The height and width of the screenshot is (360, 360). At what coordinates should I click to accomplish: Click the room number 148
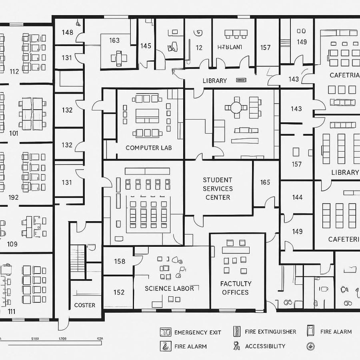(68, 32)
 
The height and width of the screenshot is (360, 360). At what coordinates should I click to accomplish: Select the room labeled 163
(114, 40)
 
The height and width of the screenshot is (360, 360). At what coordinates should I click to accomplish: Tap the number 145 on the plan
(146, 46)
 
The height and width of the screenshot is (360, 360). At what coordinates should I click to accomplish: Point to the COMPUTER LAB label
(149, 148)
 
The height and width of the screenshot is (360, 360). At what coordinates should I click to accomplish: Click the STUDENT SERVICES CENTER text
(218, 188)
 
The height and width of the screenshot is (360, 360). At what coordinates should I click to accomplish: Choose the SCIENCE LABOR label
(169, 288)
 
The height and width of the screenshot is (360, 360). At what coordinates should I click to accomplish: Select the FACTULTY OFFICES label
(236, 288)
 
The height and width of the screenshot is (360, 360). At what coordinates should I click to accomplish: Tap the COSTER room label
(85, 305)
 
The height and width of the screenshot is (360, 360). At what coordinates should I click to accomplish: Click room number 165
(265, 182)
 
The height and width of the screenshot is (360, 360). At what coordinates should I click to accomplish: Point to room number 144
(297, 197)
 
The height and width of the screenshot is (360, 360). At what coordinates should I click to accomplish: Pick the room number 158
(120, 262)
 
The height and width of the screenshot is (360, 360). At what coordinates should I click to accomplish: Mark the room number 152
(119, 292)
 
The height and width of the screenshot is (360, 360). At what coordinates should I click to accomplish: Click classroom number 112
(14, 72)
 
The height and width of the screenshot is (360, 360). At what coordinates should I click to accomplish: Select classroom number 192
(13, 197)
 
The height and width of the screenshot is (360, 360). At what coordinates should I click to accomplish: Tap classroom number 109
(12, 244)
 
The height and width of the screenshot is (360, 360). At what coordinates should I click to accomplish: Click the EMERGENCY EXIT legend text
(198, 332)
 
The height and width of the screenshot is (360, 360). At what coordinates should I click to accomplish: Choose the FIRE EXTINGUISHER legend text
(270, 332)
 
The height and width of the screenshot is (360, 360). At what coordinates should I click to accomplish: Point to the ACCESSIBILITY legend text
(265, 346)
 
